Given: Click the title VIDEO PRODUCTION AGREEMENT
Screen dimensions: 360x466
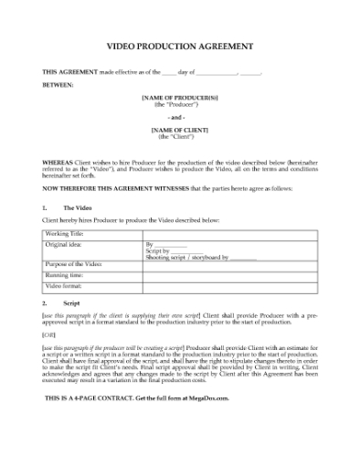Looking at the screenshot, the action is [x=180, y=45].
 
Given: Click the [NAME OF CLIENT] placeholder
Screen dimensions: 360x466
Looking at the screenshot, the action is [x=179, y=131].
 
